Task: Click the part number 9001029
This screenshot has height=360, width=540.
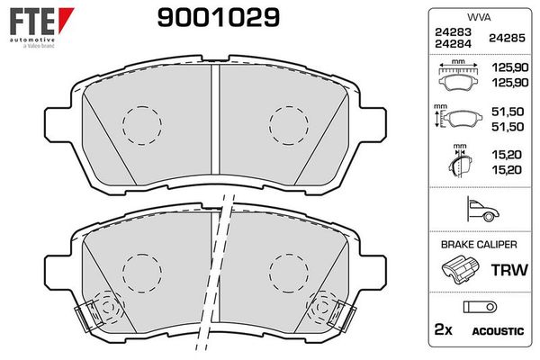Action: tap(219, 18)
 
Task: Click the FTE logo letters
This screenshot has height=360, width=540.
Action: tap(32, 22)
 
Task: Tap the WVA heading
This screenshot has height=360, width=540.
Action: tap(479, 17)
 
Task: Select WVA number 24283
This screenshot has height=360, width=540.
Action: tap(453, 32)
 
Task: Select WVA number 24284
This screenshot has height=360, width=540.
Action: tap(453, 44)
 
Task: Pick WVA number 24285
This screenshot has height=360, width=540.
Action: tap(507, 38)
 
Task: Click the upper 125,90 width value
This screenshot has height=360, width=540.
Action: tap(510, 67)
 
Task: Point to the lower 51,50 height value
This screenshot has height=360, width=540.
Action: tap(508, 127)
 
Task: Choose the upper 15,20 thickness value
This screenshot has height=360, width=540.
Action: tap(507, 155)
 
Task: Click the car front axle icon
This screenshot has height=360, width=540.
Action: tap(482, 209)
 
